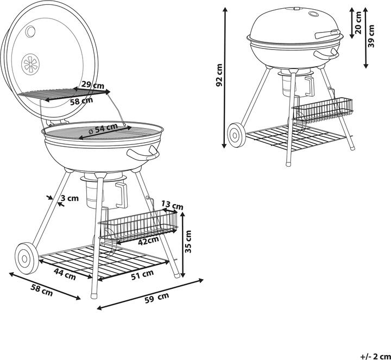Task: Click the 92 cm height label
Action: (x=219, y=75)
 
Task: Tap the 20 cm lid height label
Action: (x=358, y=22)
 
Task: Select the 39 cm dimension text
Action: (x=371, y=36)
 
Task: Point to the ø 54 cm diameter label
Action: (x=103, y=129)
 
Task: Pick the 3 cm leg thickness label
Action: (x=70, y=198)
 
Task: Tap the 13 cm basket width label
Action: (x=172, y=205)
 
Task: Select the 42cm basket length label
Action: (x=148, y=241)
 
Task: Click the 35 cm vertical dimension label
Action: (x=189, y=242)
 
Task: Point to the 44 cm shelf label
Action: (x=65, y=274)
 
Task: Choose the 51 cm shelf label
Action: (x=142, y=275)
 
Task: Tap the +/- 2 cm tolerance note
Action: (x=375, y=356)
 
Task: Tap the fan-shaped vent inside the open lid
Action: (x=30, y=64)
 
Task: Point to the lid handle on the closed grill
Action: (x=327, y=34)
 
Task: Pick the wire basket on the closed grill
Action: (x=322, y=110)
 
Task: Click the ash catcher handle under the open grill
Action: (x=122, y=195)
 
